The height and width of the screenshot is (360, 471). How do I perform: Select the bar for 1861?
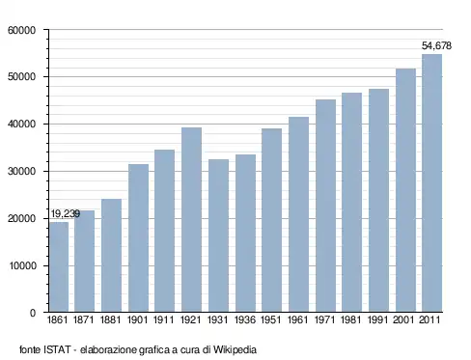[x=59, y=266]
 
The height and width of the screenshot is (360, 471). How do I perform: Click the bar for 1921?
[x=191, y=219]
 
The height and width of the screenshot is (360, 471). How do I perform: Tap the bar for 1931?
[x=218, y=235]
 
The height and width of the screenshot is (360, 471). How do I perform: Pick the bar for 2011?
[x=431, y=182]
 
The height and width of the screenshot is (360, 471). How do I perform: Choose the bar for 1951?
[x=272, y=220]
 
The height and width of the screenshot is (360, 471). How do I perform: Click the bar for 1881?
[x=111, y=255]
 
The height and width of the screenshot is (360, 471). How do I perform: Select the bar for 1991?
[x=378, y=200]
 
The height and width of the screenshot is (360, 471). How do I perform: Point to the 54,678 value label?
[x=436, y=46]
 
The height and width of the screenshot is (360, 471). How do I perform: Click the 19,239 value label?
[x=66, y=213]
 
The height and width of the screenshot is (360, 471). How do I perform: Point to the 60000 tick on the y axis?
[x=21, y=30]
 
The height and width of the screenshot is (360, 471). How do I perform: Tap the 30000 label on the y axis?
[x=21, y=172]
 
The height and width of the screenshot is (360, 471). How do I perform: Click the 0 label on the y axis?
[x=33, y=313]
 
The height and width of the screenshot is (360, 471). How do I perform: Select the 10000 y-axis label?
[x=21, y=266]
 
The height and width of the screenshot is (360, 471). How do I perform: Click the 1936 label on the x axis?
[x=245, y=320]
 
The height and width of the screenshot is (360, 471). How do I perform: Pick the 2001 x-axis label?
[x=404, y=320]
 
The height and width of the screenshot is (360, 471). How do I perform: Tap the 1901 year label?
[x=138, y=320]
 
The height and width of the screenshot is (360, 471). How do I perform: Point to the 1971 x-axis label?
[x=325, y=320]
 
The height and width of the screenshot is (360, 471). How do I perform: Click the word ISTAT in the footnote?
[x=57, y=349]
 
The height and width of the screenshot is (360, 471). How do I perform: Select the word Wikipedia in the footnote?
[x=235, y=349]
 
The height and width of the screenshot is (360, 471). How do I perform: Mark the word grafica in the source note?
[x=154, y=350]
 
